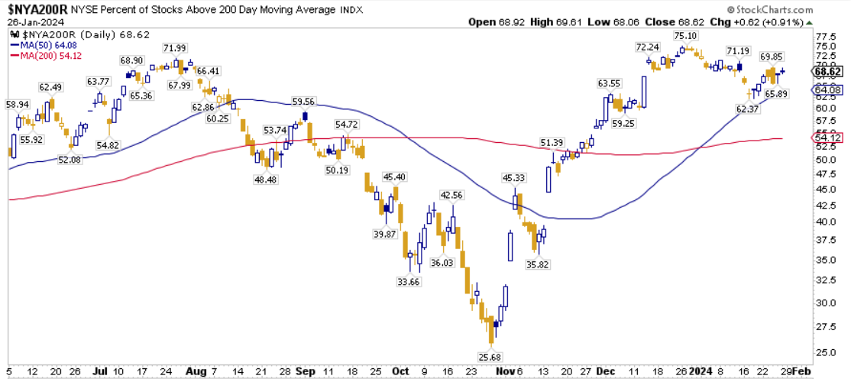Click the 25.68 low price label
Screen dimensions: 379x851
(x=493, y=358)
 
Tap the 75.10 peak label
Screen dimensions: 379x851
(x=685, y=36)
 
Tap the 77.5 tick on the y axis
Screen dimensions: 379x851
(x=823, y=36)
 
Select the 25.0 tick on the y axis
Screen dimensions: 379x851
(x=823, y=352)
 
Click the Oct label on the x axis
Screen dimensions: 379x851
(x=400, y=371)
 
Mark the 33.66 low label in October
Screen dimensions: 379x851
(x=413, y=281)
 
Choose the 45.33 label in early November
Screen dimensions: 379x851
(x=516, y=179)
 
